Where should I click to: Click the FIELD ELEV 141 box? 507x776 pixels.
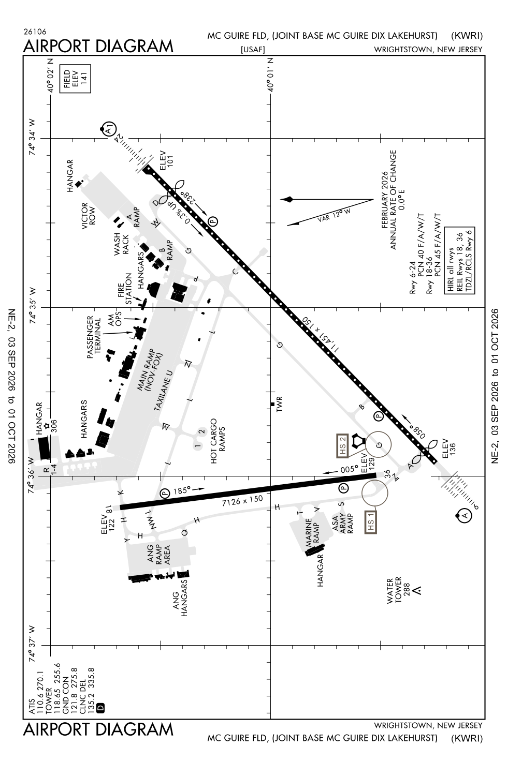tap(75, 79)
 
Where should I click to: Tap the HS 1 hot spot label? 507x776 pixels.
tap(371, 521)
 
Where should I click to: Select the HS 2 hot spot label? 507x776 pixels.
tap(343, 445)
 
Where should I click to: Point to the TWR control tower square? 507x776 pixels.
tap(272, 404)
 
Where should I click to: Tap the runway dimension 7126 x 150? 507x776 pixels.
tap(242, 501)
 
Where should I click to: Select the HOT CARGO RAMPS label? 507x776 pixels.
tap(218, 441)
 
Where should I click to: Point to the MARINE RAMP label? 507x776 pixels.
tap(312, 532)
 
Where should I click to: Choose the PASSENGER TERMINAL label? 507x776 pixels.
tap(94, 337)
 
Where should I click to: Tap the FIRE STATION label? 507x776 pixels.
tap(124, 289)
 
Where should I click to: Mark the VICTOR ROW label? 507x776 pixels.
tap(89, 216)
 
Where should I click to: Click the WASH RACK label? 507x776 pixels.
tap(121, 244)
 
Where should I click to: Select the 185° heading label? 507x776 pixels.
tap(182, 490)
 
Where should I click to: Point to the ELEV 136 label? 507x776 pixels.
tap(449, 449)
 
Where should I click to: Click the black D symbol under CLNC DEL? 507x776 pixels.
tap(100, 707)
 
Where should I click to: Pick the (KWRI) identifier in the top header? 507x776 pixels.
tap(467, 36)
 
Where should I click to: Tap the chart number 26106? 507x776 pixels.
tap(35, 32)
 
